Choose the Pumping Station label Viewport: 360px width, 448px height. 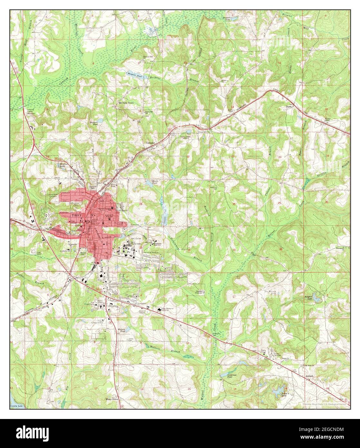(x=31, y=111)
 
